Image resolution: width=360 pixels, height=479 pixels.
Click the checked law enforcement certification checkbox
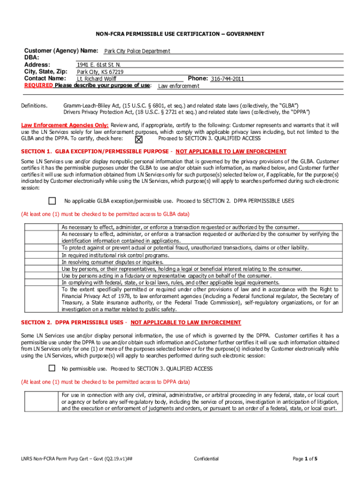[x=139, y=139]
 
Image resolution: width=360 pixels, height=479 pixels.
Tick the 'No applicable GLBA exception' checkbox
[x=52, y=201]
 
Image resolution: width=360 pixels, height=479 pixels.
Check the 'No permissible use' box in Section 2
[x=52, y=368]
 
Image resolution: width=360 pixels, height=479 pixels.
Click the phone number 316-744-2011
[x=227, y=79]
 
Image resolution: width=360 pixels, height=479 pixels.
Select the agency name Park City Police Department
[x=137, y=51]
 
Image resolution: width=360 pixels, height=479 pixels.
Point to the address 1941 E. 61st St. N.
[x=99, y=65]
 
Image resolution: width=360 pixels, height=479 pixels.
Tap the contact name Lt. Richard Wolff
[x=97, y=79]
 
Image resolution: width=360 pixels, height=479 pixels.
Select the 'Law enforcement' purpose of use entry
[x=179, y=86]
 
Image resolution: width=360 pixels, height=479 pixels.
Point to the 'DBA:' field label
[x=31, y=57]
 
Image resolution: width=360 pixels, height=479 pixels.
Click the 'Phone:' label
[x=197, y=78]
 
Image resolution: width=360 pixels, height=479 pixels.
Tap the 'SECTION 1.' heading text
[x=36, y=152]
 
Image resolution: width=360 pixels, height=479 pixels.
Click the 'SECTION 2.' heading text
[x=36, y=323]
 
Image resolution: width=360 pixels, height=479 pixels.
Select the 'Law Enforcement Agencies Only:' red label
[x=65, y=125]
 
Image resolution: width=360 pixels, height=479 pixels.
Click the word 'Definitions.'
[x=35, y=106]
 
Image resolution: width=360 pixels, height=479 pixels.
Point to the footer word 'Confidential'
[x=206, y=459]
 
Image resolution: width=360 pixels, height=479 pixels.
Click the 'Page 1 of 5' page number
[x=305, y=459]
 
